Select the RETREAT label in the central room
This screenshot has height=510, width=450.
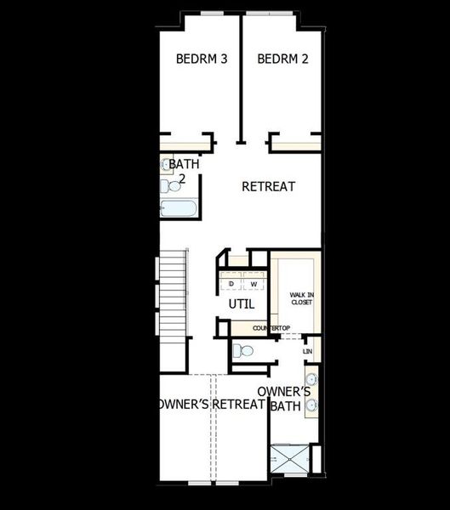click(x=268, y=186)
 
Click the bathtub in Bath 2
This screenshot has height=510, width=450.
click(x=179, y=209)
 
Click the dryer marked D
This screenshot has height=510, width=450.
click(x=231, y=283)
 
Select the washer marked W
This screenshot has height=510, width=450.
click(x=253, y=283)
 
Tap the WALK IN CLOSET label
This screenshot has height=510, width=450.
click(x=302, y=297)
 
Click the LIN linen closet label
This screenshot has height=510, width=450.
click(x=308, y=350)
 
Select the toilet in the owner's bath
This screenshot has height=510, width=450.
click(x=243, y=350)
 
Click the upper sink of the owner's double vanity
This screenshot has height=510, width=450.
click(x=311, y=378)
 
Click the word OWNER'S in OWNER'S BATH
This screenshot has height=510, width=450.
click(x=283, y=391)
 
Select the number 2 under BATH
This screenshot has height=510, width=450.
click(x=181, y=178)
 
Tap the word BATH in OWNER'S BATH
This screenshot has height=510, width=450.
click(x=283, y=406)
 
